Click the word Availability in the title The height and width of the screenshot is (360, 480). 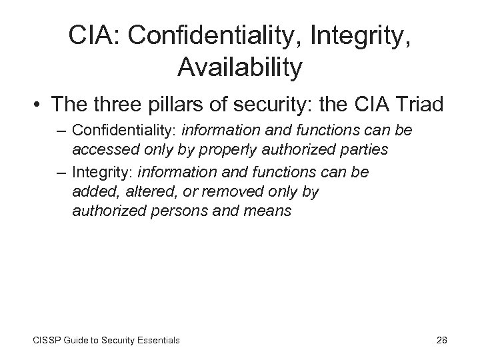(x=240, y=67)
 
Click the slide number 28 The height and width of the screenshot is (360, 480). (x=441, y=340)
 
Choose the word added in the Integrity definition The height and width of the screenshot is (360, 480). (x=92, y=192)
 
